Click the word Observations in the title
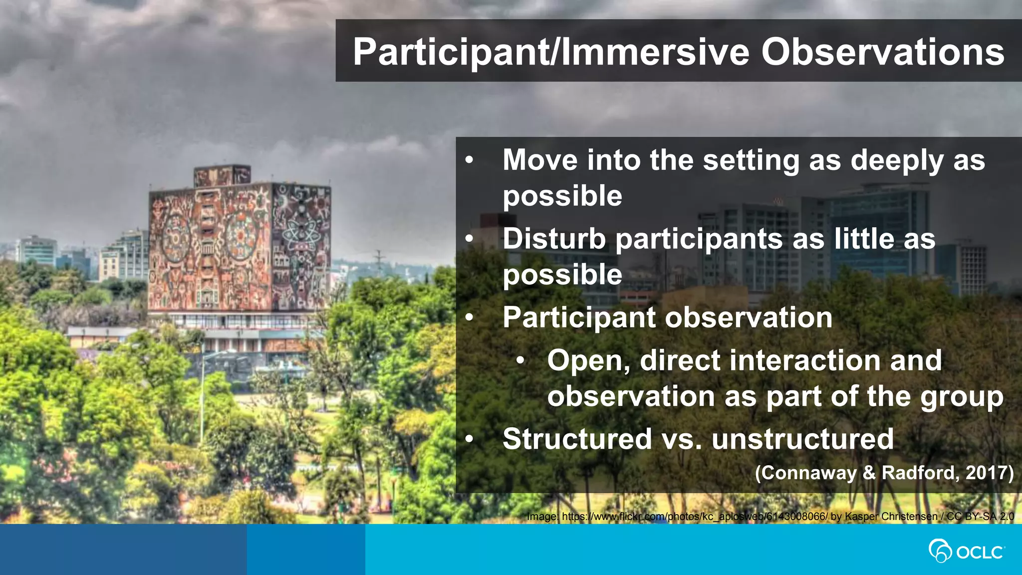point(882,52)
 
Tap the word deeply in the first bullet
point(897,161)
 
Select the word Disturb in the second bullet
point(554,239)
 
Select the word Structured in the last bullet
point(577,439)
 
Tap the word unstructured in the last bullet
point(802,439)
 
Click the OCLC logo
point(966,551)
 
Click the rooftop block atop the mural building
point(222,176)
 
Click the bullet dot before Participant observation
point(469,318)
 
